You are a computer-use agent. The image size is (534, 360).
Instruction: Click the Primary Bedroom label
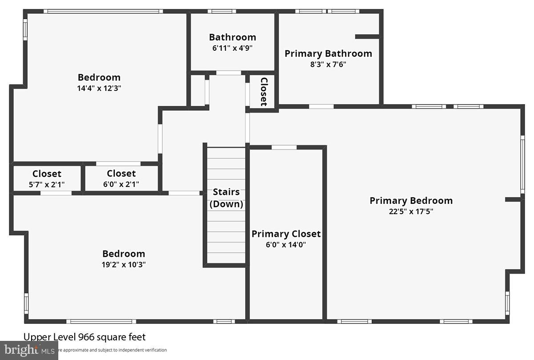click(x=411, y=201)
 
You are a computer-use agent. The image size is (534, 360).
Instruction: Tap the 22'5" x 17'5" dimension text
click(x=411, y=211)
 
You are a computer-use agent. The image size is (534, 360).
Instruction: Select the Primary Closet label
click(x=286, y=234)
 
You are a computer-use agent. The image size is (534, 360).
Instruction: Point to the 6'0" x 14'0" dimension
click(x=286, y=244)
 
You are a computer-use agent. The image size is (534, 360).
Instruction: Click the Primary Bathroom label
click(x=328, y=53)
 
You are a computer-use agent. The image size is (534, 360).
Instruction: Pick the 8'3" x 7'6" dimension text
click(x=328, y=64)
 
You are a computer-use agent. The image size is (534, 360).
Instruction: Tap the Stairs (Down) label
click(x=226, y=198)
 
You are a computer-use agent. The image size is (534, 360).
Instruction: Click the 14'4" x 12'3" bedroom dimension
click(x=99, y=88)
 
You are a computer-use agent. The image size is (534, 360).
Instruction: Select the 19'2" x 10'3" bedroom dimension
click(x=123, y=264)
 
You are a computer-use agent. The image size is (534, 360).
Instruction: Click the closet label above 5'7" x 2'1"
click(x=47, y=174)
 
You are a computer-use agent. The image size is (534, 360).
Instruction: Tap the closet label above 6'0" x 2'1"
click(x=121, y=174)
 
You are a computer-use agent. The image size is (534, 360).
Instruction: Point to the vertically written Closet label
click(x=263, y=92)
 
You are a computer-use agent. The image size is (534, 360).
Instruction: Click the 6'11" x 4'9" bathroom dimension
click(x=232, y=48)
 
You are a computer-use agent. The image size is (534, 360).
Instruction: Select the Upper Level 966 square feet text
click(x=85, y=337)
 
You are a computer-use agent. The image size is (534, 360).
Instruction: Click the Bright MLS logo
click(x=29, y=350)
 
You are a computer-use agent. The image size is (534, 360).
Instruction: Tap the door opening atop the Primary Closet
click(x=284, y=147)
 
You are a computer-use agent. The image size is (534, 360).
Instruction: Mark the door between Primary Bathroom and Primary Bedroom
click(x=321, y=106)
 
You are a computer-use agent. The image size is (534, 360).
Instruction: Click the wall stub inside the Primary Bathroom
click(x=367, y=36)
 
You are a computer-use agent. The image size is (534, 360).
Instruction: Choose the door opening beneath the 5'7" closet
click(x=56, y=193)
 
